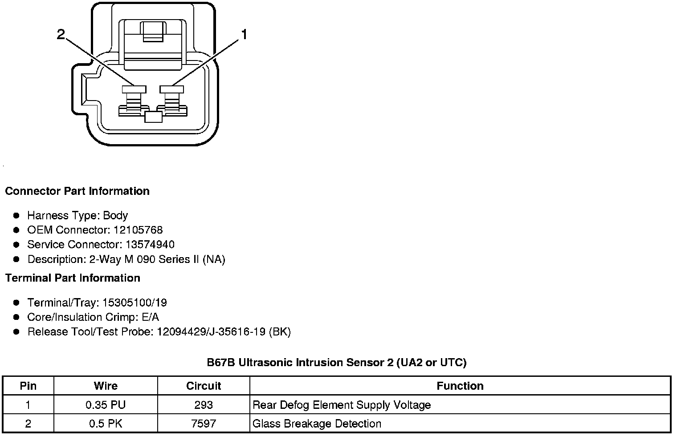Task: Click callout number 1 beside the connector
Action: (x=244, y=34)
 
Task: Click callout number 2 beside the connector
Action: (x=61, y=34)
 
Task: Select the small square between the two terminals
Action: (x=153, y=117)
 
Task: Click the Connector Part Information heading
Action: (x=77, y=191)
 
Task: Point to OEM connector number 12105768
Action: (x=138, y=230)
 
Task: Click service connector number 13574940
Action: (x=150, y=245)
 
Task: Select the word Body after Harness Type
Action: (x=115, y=216)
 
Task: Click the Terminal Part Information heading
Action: (x=73, y=278)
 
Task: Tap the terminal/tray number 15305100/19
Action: (x=135, y=303)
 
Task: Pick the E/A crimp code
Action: (x=149, y=317)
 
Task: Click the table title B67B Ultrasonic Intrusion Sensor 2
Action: (x=336, y=363)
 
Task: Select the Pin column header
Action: (x=28, y=386)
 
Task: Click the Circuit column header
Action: (x=204, y=386)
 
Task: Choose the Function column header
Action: (x=460, y=386)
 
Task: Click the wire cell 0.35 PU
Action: (x=106, y=405)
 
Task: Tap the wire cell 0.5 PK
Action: (x=106, y=424)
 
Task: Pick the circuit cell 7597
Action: (x=204, y=424)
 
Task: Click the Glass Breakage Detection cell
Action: (x=317, y=424)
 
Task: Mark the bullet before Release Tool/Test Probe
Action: (x=16, y=332)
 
